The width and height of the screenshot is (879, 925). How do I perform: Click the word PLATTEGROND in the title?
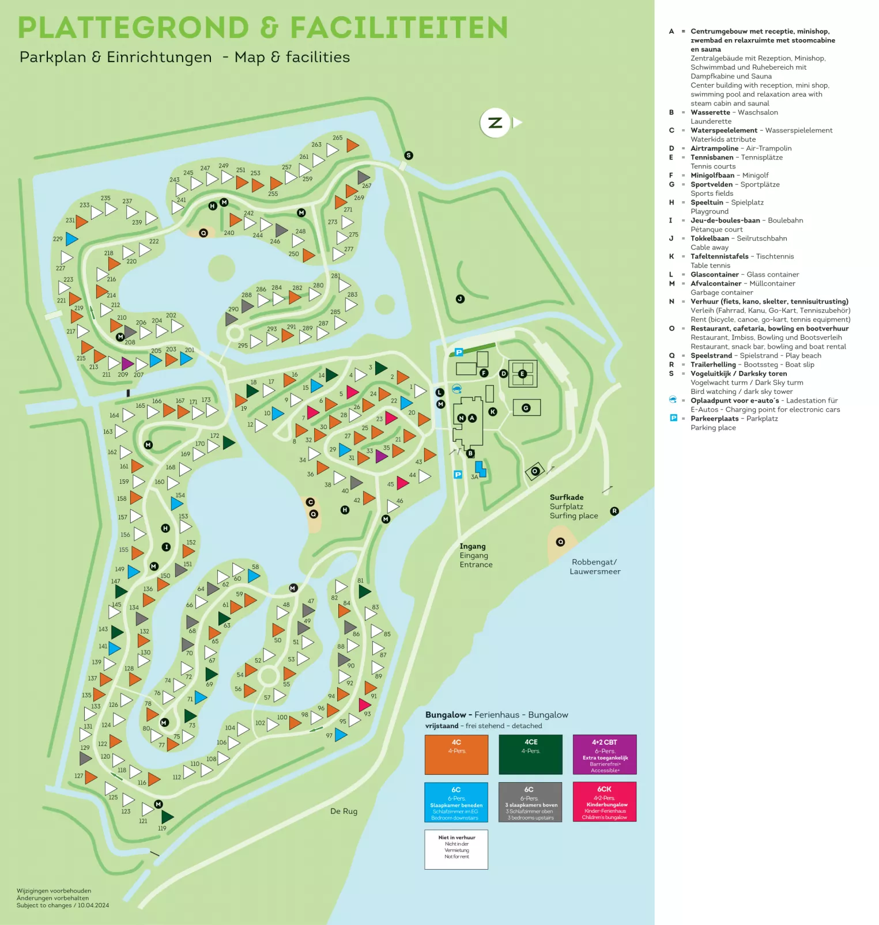[x=133, y=28]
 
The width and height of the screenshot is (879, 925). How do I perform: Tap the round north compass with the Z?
[x=495, y=123]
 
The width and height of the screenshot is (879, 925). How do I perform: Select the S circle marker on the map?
[x=409, y=156]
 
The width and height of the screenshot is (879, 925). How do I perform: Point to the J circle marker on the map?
[x=460, y=299]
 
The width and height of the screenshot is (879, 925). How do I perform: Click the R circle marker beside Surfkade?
[x=614, y=511]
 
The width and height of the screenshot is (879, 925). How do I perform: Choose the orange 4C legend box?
[x=457, y=755]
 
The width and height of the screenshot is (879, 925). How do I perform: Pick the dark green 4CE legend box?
[x=530, y=755]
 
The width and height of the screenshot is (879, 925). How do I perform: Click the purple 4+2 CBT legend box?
[x=605, y=755]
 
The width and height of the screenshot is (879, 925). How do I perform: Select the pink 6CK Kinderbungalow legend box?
[x=605, y=802]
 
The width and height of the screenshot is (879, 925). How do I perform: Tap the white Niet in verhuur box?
[x=457, y=849]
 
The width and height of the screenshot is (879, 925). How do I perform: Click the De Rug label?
[x=344, y=811]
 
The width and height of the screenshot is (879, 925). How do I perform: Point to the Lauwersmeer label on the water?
[x=595, y=571]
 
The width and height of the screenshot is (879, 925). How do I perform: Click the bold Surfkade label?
[x=567, y=497]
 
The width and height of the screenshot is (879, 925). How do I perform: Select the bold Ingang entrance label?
[x=473, y=546]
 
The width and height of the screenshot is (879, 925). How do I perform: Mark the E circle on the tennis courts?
[x=523, y=374]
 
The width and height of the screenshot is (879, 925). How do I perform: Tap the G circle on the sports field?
[x=526, y=408]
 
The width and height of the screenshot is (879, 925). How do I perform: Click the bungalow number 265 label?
[x=337, y=138]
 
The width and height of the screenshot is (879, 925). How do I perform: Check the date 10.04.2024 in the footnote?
[x=93, y=905]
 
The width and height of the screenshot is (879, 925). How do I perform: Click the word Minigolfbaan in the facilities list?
[x=712, y=175]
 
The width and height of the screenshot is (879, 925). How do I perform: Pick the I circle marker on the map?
[x=166, y=547]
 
